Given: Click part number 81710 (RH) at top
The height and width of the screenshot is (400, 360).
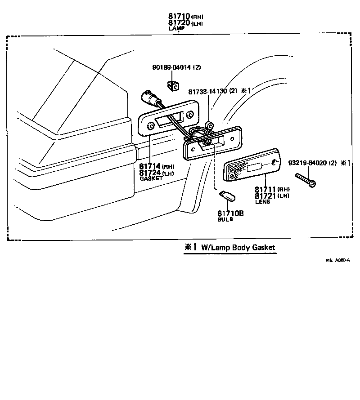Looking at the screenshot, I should [179, 17].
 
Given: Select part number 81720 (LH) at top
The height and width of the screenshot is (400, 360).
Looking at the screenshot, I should [179, 22].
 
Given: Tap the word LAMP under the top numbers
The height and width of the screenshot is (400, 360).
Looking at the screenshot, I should [176, 28].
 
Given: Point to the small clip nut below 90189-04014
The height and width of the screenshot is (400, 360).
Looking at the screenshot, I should [173, 84].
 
